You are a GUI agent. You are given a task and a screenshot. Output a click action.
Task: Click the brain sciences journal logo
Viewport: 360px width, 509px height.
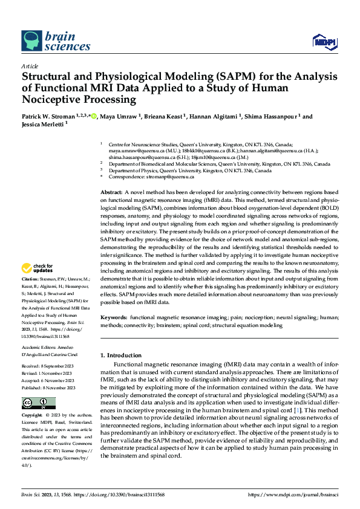[x=56, y=41]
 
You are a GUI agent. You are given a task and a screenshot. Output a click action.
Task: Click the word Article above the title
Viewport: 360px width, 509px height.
[x=30, y=66]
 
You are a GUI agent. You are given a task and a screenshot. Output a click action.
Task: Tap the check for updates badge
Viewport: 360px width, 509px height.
[x=38, y=268]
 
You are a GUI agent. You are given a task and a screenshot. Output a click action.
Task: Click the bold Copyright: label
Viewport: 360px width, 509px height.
[x=33, y=416]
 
